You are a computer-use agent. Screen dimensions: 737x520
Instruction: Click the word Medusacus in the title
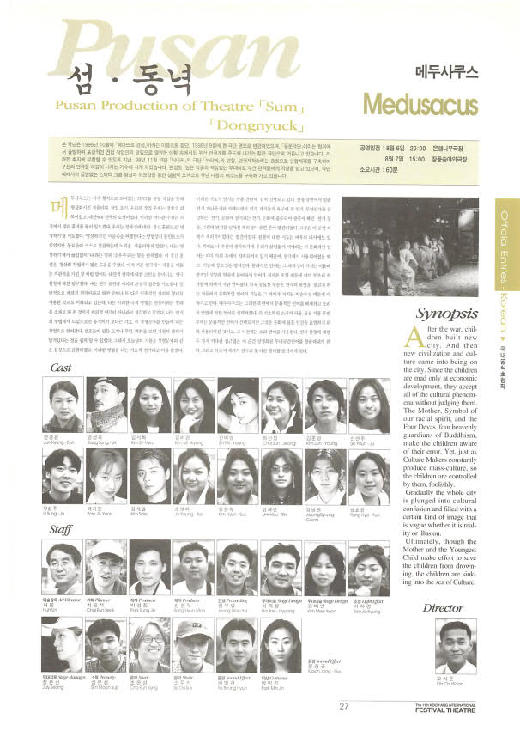[418, 103]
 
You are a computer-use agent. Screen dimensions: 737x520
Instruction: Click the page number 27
[343, 706]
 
